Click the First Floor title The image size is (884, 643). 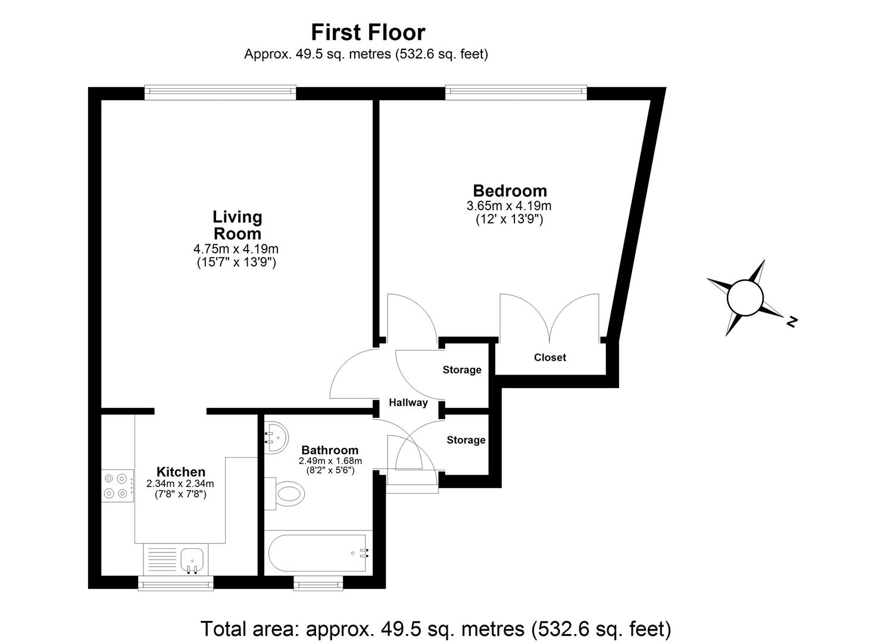[x=368, y=32]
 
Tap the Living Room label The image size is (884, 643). [x=237, y=225]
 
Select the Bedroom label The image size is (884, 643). [x=510, y=191]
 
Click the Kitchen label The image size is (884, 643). [x=180, y=472]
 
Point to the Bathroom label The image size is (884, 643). [x=330, y=450]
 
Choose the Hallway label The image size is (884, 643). [x=408, y=402]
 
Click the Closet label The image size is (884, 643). [x=550, y=357]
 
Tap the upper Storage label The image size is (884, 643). [x=462, y=370]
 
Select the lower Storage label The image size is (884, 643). [x=466, y=440]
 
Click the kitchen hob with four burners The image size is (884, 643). [x=117, y=485]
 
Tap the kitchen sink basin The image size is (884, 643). [x=193, y=558]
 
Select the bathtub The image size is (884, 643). [x=318, y=553]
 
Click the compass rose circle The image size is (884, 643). [x=745, y=296]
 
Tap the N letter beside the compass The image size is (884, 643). [x=792, y=321]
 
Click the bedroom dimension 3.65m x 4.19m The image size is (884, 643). [x=509, y=206]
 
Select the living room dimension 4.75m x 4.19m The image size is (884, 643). [x=236, y=249]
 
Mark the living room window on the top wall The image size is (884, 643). [x=220, y=91]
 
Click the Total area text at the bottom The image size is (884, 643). [x=436, y=629]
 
